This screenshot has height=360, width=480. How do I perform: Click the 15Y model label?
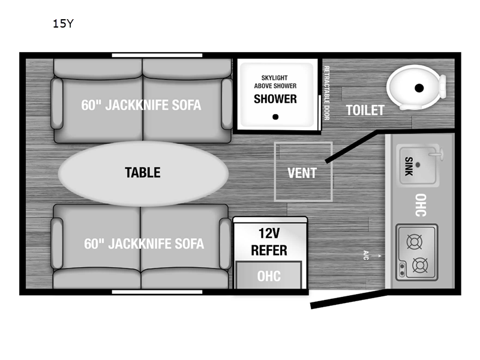tap(63, 23)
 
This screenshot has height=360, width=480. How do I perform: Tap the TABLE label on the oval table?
tap(143, 172)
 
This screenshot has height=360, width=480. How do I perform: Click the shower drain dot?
tap(275, 116)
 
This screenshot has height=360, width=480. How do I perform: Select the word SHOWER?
tap(275, 99)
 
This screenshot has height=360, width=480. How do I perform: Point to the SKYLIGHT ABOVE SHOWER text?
tap(275, 82)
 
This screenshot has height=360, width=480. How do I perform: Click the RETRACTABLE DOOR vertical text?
tap(326, 93)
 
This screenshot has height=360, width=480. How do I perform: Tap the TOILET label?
tap(365, 110)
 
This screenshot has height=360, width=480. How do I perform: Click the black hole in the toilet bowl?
tap(419, 88)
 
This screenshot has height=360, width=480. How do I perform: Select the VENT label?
tap(302, 173)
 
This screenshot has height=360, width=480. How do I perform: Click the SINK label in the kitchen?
tap(409, 166)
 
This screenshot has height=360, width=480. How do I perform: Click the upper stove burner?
tap(415, 242)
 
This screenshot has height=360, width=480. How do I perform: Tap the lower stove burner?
tap(420, 265)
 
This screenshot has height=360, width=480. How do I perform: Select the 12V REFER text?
tap(269, 242)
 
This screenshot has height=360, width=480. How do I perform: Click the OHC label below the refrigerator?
tap(269, 276)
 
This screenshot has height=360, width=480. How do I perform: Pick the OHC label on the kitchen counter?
tap(421, 205)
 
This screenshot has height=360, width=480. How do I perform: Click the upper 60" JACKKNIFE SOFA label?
tap(141, 105)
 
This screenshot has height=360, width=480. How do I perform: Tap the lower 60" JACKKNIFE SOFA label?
tap(144, 244)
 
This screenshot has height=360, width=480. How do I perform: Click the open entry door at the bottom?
tap(349, 301)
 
